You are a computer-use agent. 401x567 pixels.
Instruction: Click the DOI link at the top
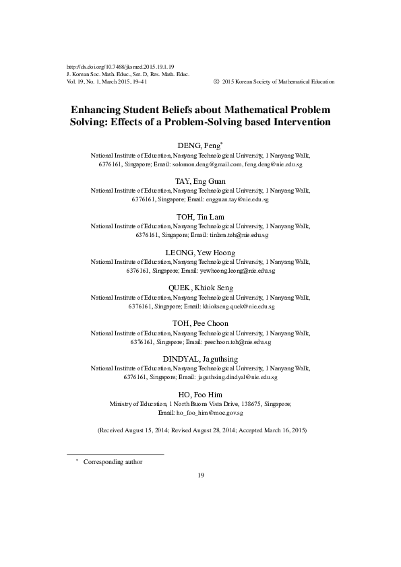(x=121, y=67)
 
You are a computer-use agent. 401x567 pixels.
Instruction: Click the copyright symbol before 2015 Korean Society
(x=215, y=81)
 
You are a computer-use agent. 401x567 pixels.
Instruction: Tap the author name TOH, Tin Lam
(x=200, y=217)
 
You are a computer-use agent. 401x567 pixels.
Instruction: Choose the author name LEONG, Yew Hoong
(x=200, y=253)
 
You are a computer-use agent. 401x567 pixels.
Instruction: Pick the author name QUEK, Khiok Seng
(x=200, y=288)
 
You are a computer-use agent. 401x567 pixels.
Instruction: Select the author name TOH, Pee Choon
(x=200, y=323)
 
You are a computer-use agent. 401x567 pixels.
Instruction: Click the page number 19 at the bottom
(x=200, y=476)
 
